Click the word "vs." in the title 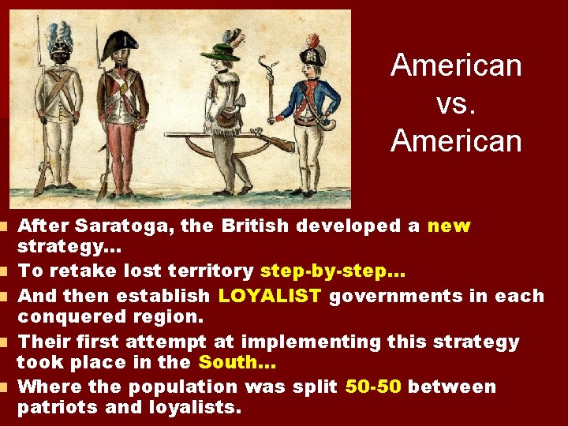pyautogui.click(x=456, y=103)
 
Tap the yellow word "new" pyautogui.click(x=449, y=226)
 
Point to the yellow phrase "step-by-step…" pyautogui.click(x=332, y=272)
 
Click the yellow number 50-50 pyautogui.click(x=373, y=387)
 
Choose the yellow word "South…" pyautogui.click(x=236, y=363)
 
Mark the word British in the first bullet pyautogui.click(x=257, y=226)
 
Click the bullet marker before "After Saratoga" pyautogui.click(x=6, y=227)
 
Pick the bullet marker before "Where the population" pyautogui.click(x=6, y=387)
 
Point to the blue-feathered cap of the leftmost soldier pyautogui.click(x=59, y=35)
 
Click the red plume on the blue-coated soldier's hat pyautogui.click(x=313, y=40)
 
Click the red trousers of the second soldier pyautogui.click(x=120, y=154)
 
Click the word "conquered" pyautogui.click(x=66, y=318)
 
